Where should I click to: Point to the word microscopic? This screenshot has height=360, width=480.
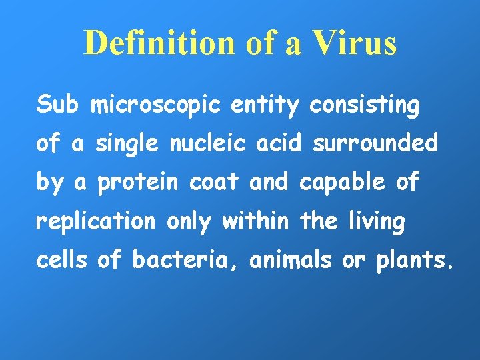pos(158,105)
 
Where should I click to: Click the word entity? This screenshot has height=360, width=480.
pos(270,105)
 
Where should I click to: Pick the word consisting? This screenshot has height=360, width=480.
pos(365,105)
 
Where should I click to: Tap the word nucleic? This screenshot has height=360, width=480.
pos(211,143)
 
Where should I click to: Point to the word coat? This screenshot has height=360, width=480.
pos(214,183)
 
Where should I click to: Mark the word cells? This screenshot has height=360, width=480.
pos(61,261)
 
